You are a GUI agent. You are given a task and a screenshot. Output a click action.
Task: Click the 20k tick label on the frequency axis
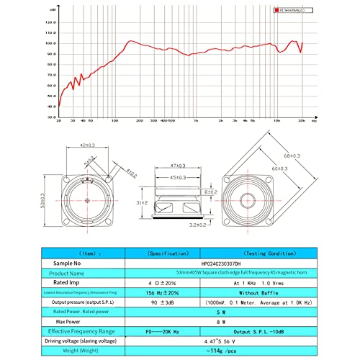[302, 121]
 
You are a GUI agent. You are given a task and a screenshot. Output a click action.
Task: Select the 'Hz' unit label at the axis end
[313, 121]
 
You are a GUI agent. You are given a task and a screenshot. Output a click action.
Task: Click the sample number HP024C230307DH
[210, 264]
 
